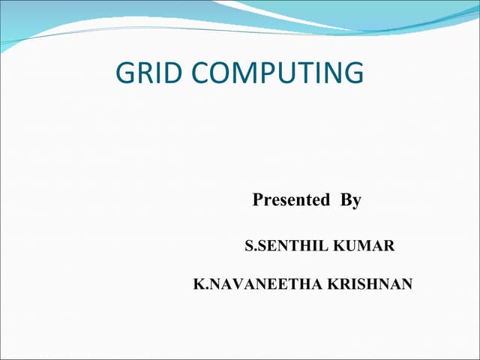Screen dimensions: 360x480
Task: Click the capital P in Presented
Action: (x=258, y=200)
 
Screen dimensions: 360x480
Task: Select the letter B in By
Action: (x=346, y=200)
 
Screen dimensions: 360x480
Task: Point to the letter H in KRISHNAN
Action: (x=379, y=284)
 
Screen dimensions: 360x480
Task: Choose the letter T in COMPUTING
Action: (x=298, y=73)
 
